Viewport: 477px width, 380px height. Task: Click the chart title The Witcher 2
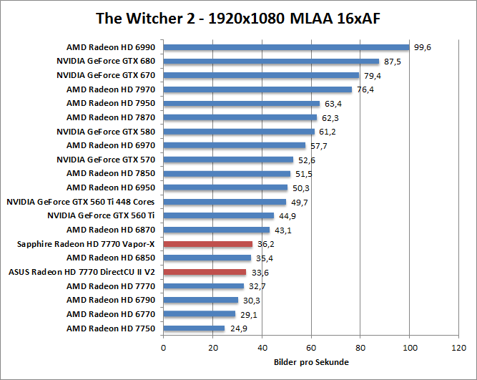point(238,17)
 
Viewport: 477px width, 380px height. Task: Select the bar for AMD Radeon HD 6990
point(286,47)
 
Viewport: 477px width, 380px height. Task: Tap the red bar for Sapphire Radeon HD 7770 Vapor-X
point(208,244)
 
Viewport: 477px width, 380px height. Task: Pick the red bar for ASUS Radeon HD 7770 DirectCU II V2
point(205,272)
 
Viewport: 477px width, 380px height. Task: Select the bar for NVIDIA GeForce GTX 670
point(261,75)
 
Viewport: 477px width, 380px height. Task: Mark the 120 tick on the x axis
point(458,348)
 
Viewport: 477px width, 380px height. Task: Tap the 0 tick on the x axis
point(164,348)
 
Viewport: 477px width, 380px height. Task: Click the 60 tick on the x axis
point(311,348)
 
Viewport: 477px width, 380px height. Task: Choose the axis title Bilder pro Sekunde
point(311,362)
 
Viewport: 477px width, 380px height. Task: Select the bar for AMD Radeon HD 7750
point(194,328)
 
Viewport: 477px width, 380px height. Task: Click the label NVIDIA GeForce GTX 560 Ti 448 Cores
point(81,202)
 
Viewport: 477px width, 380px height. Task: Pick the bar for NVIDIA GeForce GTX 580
point(239,132)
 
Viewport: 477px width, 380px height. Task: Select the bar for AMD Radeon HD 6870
point(217,230)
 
